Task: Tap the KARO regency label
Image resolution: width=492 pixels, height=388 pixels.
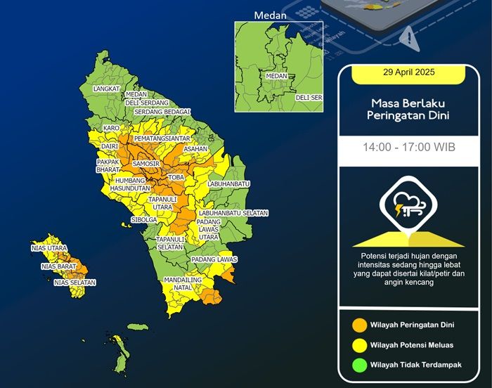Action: coord(111,129)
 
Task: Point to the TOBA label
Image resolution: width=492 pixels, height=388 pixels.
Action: coord(176,178)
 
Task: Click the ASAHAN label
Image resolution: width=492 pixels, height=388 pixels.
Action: coord(195,150)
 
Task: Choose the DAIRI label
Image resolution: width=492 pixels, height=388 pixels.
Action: coord(109,146)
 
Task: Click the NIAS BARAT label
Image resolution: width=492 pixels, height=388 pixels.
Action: coord(58,266)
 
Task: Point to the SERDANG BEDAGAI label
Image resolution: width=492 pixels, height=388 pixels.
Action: coord(162,112)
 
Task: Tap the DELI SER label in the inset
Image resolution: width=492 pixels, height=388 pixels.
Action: coord(309,97)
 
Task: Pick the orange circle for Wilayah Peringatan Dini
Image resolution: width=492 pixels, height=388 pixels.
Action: coord(360,325)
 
